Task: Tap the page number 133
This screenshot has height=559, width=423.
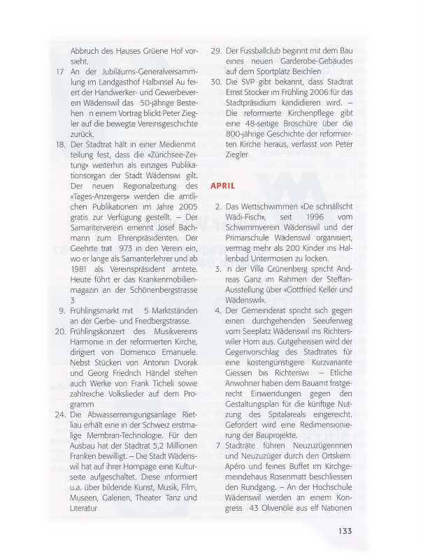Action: click(x=346, y=530)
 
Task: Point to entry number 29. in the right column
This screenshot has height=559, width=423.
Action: click(x=216, y=51)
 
